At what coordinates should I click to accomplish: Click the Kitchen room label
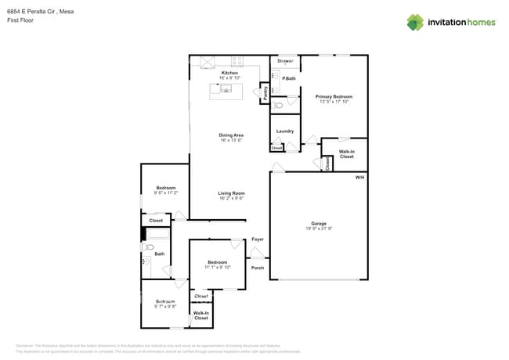click(229, 73)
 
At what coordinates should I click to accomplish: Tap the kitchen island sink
click(226, 90)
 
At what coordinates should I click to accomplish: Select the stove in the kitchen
click(236, 62)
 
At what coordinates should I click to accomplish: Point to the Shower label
click(285, 60)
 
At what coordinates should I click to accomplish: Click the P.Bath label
click(289, 78)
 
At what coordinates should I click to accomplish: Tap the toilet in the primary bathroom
click(279, 104)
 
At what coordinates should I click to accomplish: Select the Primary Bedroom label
click(334, 96)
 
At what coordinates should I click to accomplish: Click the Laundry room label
click(285, 131)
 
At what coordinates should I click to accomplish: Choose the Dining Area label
click(230, 135)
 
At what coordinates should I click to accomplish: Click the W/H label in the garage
click(359, 178)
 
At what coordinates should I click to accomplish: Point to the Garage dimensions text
click(319, 229)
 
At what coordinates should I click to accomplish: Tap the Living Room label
click(231, 193)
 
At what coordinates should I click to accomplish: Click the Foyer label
click(257, 239)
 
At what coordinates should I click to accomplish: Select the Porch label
click(257, 268)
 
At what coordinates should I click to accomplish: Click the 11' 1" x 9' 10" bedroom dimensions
click(217, 267)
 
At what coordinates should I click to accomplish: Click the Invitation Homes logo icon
click(415, 22)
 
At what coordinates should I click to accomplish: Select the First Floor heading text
click(20, 21)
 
